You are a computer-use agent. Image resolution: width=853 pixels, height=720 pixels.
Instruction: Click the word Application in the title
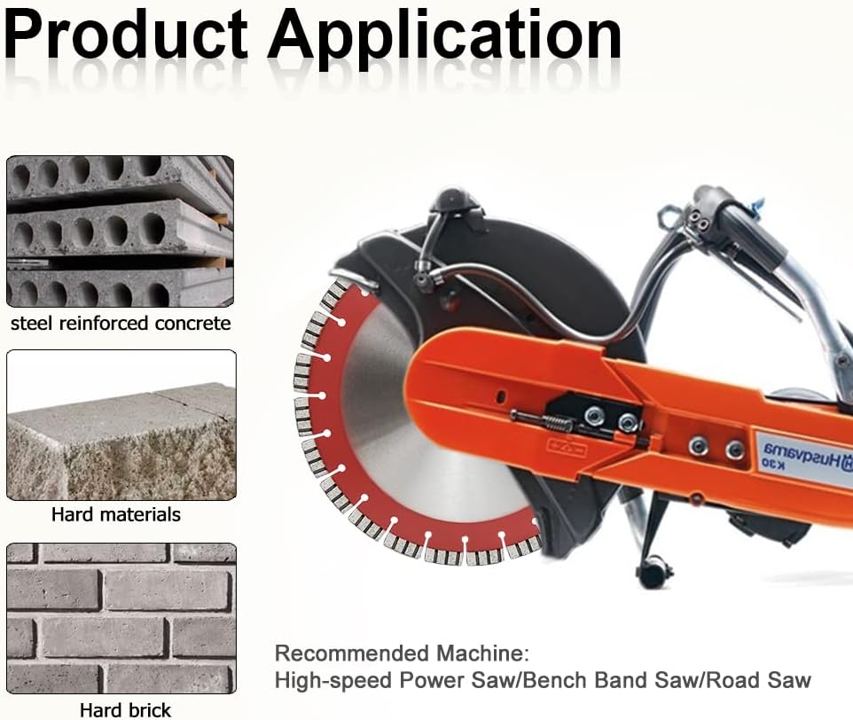444,37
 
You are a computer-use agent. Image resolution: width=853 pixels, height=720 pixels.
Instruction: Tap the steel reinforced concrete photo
120,231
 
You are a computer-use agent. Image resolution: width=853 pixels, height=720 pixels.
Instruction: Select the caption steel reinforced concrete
121,323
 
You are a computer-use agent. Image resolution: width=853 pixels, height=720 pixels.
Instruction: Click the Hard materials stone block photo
121,426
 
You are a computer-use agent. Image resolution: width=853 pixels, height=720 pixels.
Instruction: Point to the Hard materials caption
116,514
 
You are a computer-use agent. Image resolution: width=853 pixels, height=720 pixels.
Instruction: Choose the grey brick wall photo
121,618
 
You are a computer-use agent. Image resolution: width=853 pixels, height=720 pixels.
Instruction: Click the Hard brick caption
125,709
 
